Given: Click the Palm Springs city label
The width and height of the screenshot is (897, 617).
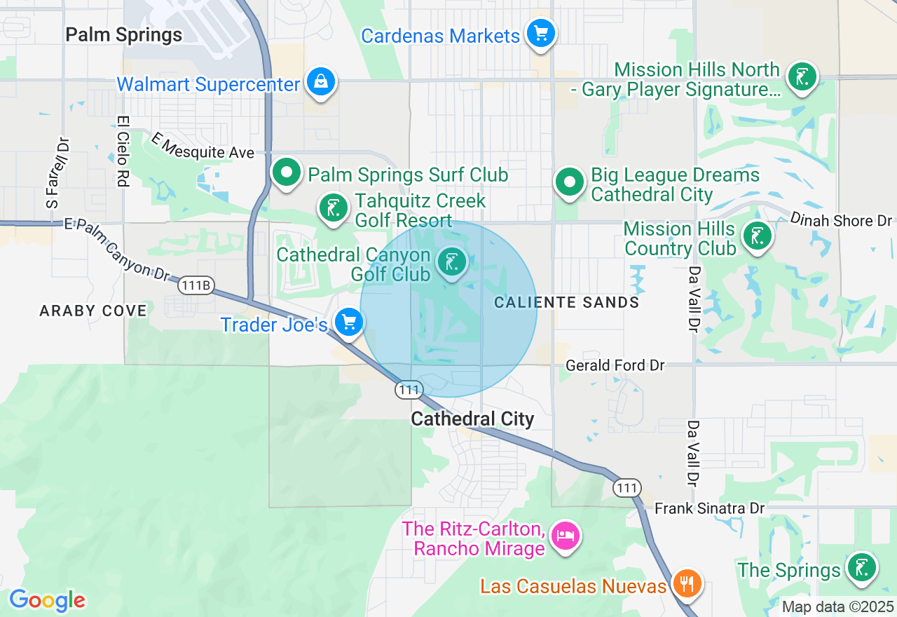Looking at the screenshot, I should pos(123,34).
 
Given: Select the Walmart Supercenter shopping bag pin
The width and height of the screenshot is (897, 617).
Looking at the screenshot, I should pos(320,82).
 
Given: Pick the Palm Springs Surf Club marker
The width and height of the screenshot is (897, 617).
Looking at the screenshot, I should pos(286,172).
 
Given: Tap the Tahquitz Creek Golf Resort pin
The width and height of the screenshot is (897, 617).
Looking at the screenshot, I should pos(333,208).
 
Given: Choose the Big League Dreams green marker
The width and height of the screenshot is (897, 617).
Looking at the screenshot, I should pos(570,182).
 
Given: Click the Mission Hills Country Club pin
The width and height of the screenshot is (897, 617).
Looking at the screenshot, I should pos(757,236).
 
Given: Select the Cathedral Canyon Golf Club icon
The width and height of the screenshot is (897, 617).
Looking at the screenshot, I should pos(451,262).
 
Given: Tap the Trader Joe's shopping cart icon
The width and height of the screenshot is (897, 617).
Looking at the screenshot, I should pos(348,323).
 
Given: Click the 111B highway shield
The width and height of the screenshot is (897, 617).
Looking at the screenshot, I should pos(196,285).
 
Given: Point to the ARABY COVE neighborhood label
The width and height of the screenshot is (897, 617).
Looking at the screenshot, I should pos(93,311).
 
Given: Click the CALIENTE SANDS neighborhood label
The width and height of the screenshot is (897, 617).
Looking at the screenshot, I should pos(566,302).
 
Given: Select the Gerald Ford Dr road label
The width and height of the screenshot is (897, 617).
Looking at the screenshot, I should pos(615,365).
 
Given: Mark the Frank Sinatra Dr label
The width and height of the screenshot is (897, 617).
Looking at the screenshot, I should pos(709,508).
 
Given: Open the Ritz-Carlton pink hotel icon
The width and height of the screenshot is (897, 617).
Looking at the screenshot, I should pos(565,536).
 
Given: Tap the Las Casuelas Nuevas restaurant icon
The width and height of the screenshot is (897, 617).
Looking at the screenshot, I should pos(687,583).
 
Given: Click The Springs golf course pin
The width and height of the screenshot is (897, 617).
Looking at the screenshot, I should pos(861,568).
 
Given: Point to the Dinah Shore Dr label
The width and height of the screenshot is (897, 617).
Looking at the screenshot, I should pos(841,220).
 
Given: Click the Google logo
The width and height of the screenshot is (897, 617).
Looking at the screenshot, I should pos(47,600).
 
